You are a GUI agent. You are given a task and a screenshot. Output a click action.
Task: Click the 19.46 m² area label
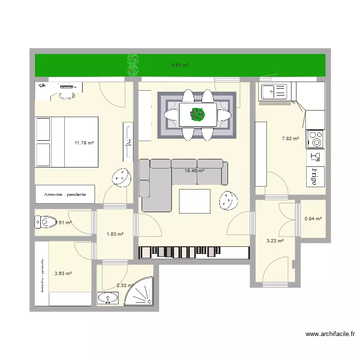(x=194, y=170)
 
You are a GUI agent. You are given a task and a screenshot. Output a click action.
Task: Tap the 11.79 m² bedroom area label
(x=84, y=143)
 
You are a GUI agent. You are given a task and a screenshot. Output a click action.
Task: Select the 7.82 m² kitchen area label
(x=290, y=139)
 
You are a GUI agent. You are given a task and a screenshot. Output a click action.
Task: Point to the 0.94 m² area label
(x=313, y=219)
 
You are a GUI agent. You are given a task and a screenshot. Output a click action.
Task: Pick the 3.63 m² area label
(x=63, y=274)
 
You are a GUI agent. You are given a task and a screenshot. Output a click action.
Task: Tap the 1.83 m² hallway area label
(x=115, y=234)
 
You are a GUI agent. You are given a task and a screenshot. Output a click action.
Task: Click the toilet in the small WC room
(x=46, y=222)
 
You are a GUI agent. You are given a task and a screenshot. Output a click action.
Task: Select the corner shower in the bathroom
(x=139, y=291)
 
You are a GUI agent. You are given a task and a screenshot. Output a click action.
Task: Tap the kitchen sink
(x=273, y=91)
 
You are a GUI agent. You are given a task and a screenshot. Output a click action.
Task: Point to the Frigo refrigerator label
(x=315, y=176)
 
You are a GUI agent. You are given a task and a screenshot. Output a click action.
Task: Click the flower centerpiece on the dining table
(x=197, y=114)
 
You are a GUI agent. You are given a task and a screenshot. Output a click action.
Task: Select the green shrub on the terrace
(x=133, y=65)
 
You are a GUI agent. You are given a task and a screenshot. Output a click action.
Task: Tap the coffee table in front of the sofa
(x=194, y=201)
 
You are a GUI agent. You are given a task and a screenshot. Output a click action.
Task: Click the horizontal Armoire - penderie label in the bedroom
(x=64, y=194)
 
